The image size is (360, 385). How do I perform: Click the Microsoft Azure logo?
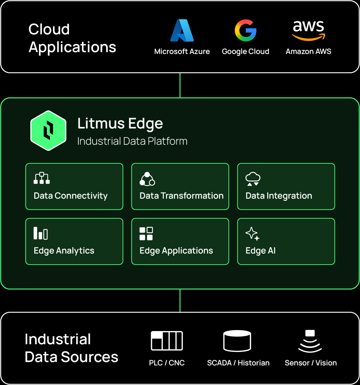pos(182,30)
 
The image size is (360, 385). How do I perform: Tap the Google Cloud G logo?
pos(245,30)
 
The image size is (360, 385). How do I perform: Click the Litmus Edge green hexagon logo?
pos(48,131)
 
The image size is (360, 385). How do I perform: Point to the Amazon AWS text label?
pos(308,51)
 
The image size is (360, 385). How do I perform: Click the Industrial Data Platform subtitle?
pos(132,141)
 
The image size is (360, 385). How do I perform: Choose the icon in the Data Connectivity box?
pos(42,178)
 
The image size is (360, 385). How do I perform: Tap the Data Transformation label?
pos(181,196)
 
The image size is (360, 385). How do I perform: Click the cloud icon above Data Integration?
pos(253,179)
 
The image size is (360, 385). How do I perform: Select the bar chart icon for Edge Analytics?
pos(40,233)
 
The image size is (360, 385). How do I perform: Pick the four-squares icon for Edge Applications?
pos(146,234)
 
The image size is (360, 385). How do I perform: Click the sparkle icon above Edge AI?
pos(252,234)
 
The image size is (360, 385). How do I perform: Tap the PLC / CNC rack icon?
pos(167,341)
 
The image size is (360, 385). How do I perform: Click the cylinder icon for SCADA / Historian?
pos(237,341)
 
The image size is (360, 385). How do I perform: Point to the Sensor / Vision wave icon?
pos(310,341)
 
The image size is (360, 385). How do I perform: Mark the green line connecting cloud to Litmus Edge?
pos(180,85)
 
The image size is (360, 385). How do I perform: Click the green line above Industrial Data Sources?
pos(180,300)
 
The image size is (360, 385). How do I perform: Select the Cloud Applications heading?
pos(72,38)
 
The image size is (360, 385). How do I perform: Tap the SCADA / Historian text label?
pos(238,363)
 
